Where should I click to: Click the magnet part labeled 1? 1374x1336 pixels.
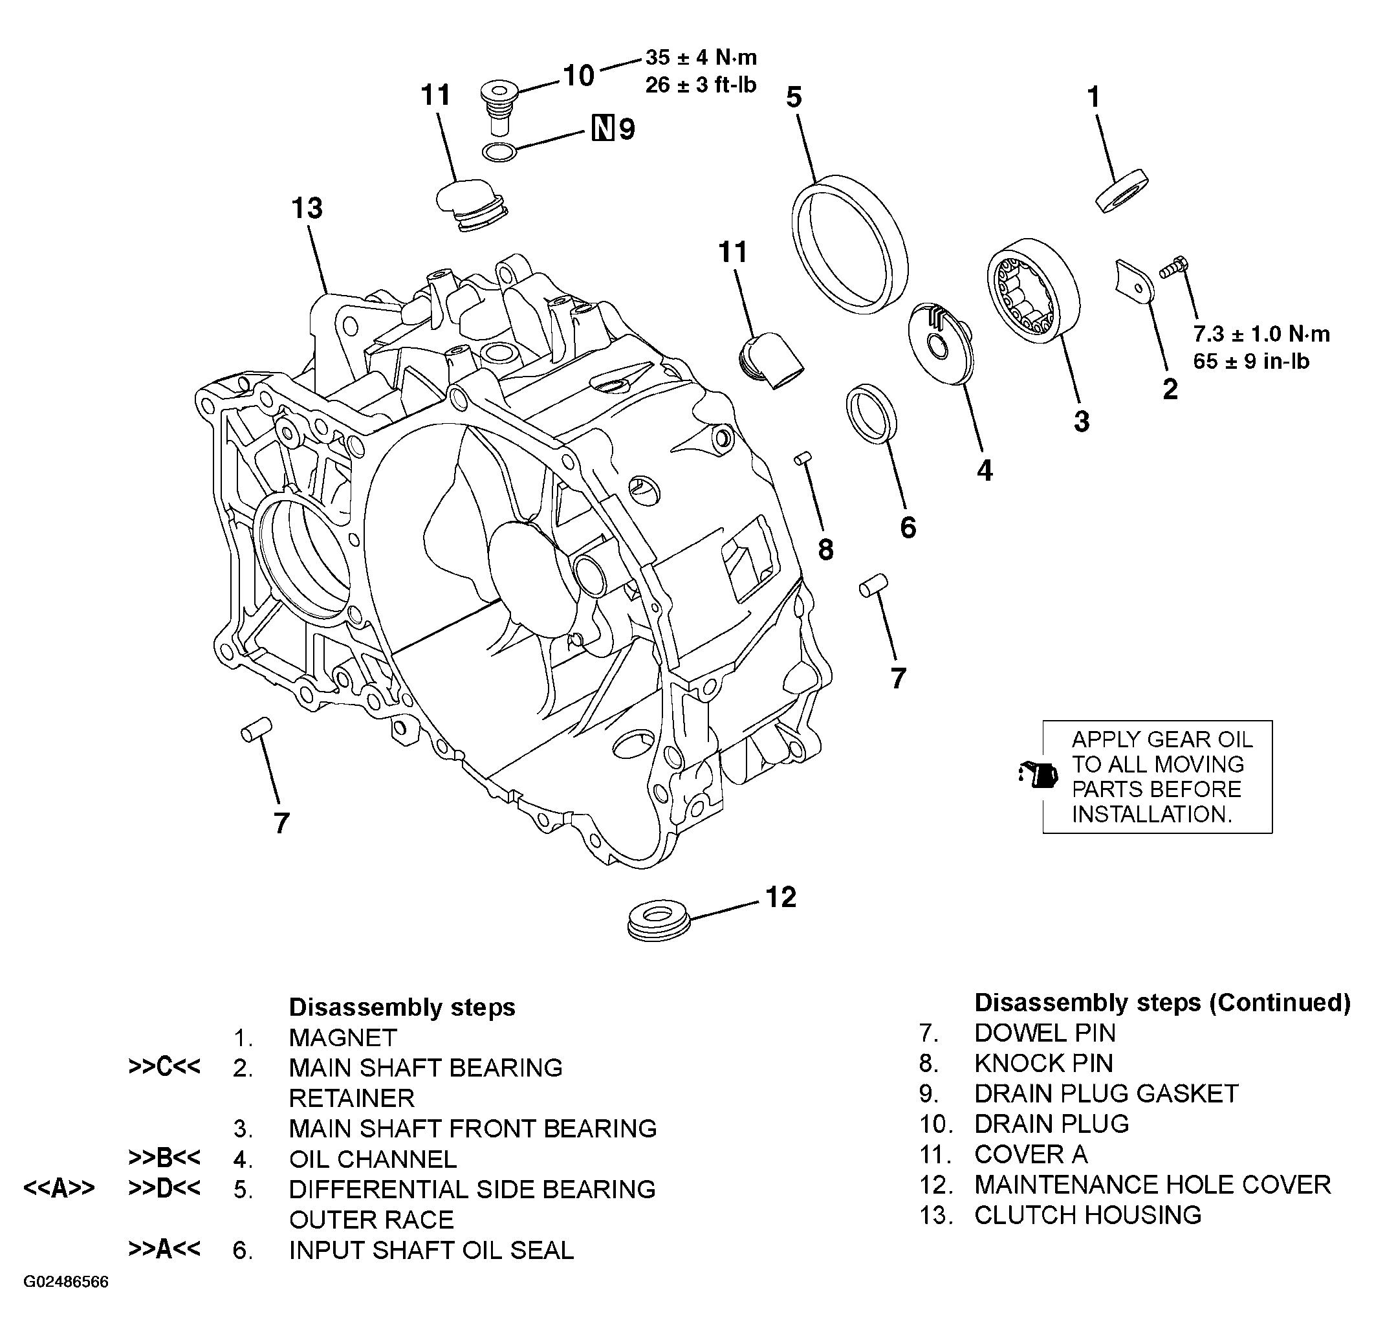pyautogui.click(x=1121, y=190)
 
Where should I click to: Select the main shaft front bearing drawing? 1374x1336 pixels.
pyautogui.click(x=1033, y=290)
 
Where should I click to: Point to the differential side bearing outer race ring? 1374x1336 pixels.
pyautogui.click(x=849, y=244)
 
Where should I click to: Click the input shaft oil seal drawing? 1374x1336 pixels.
pyautogui.click(x=871, y=414)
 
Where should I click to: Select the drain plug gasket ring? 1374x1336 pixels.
pyautogui.click(x=499, y=152)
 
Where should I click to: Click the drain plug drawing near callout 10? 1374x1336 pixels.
pyautogui.click(x=499, y=107)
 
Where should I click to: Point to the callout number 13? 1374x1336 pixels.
pyautogui.click(x=307, y=208)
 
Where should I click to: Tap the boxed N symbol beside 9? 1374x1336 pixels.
pyautogui.click(x=603, y=128)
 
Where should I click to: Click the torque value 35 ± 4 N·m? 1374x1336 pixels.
pyautogui.click(x=701, y=58)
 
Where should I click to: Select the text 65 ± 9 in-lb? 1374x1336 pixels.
pyautogui.click(x=1250, y=362)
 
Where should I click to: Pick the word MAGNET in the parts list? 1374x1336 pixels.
pyautogui.click(x=342, y=1037)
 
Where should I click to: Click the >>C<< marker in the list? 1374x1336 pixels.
pyautogui.click(x=164, y=1068)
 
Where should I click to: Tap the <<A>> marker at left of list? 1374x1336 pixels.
pyautogui.click(x=59, y=1188)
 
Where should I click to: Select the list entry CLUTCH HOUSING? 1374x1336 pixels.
pyautogui.click(x=1087, y=1215)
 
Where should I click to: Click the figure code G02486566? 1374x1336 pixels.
pyautogui.click(x=66, y=1282)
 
